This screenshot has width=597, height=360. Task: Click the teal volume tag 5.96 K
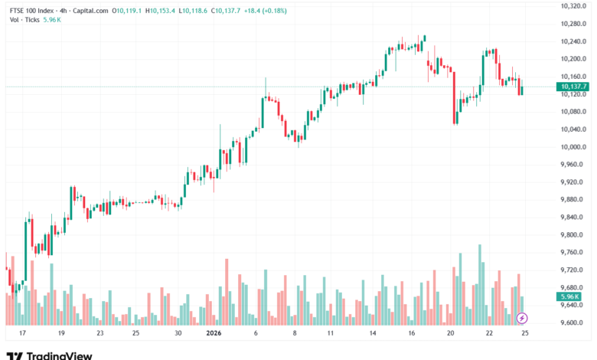569,296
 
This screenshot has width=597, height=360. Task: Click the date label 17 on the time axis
23,334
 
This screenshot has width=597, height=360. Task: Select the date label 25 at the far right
525,334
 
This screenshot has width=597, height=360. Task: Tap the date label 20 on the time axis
452,334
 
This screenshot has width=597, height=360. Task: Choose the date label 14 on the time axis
373,334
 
